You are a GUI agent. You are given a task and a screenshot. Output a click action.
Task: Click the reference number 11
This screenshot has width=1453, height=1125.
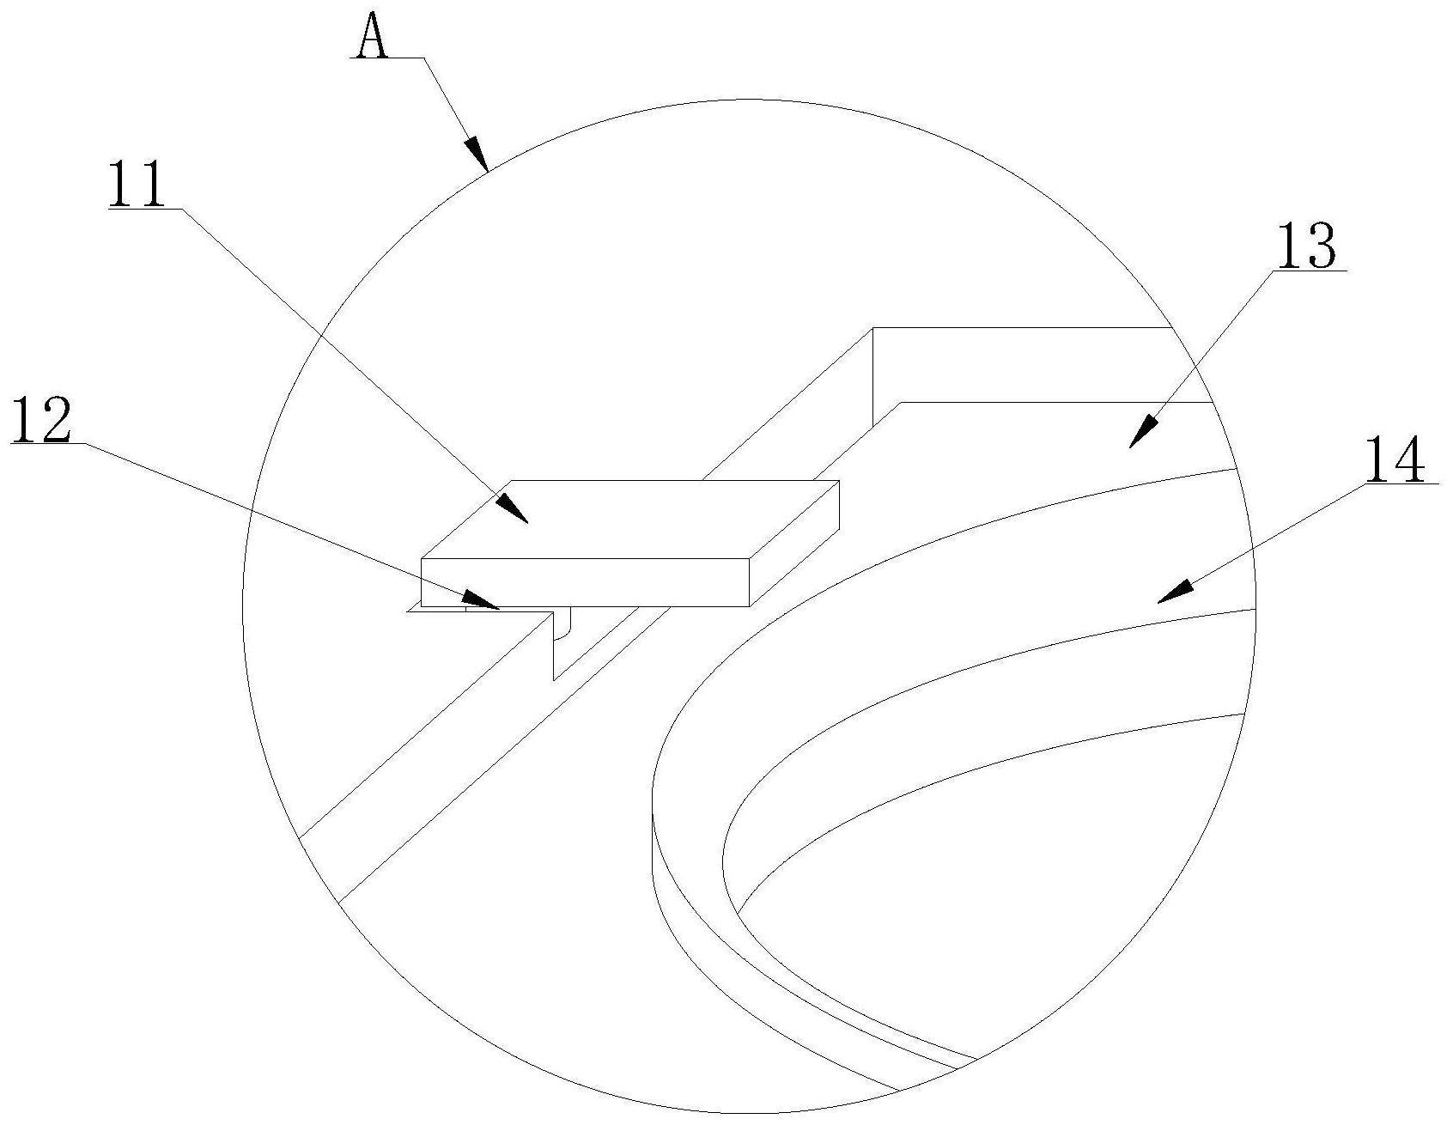click(138, 185)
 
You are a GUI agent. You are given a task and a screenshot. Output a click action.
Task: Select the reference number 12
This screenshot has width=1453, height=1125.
click(41, 420)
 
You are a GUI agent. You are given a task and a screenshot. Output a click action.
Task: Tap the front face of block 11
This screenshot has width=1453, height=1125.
click(584, 582)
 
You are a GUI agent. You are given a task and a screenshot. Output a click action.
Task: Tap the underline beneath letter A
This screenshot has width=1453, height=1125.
click(386, 58)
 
